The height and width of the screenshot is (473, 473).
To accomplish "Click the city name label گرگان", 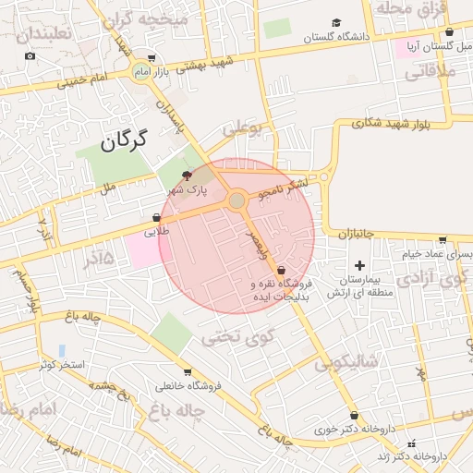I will click(x=122, y=141).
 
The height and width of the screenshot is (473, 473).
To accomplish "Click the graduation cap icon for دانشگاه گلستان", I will click(x=336, y=22).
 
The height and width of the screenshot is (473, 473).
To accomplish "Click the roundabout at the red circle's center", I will click(x=237, y=200).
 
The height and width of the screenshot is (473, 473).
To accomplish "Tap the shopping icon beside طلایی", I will click(x=155, y=219).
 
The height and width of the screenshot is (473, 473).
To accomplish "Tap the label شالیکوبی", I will click(x=347, y=362).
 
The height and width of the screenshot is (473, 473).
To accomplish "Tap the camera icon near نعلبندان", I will click(x=30, y=56).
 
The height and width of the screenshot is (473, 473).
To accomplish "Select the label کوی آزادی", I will click(x=427, y=277).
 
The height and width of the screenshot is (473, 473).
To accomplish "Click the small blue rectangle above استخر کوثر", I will click(x=62, y=351).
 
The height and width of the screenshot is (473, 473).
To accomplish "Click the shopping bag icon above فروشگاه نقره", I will click(x=281, y=270).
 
